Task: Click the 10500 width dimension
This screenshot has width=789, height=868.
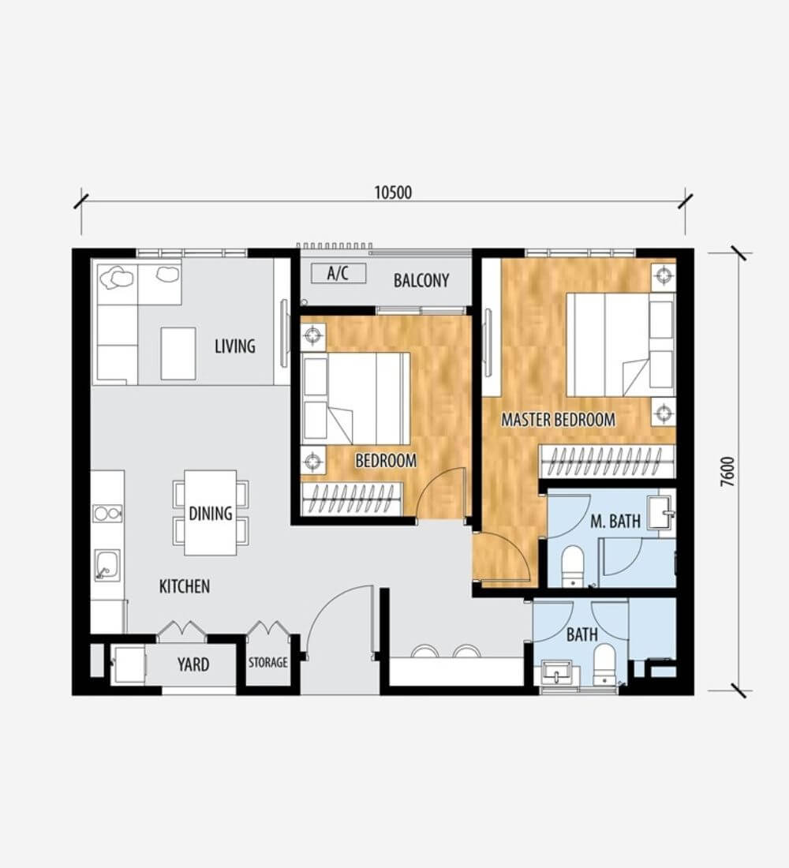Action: click(393, 193)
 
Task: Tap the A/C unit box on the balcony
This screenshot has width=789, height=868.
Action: click(338, 273)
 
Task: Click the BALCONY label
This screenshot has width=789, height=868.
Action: click(421, 281)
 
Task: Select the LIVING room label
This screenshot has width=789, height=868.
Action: click(235, 346)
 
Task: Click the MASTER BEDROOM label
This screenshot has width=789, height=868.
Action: click(558, 420)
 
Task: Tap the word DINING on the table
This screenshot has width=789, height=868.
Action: click(211, 513)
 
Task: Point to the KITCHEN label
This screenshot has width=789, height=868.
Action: click(185, 586)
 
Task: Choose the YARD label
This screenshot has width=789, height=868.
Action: click(193, 664)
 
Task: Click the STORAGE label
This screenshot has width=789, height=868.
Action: click(268, 663)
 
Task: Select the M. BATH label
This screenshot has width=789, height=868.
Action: click(615, 521)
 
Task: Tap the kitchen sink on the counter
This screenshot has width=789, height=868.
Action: click(107, 565)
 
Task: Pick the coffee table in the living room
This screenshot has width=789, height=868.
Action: click(178, 354)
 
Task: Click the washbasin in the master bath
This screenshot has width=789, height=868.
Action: click(661, 513)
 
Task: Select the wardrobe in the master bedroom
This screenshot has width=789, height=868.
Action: click(608, 461)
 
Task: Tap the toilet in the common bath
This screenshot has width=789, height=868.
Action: click(604, 664)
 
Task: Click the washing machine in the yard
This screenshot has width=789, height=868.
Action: click(129, 664)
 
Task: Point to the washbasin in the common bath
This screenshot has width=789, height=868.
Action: click(558, 673)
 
